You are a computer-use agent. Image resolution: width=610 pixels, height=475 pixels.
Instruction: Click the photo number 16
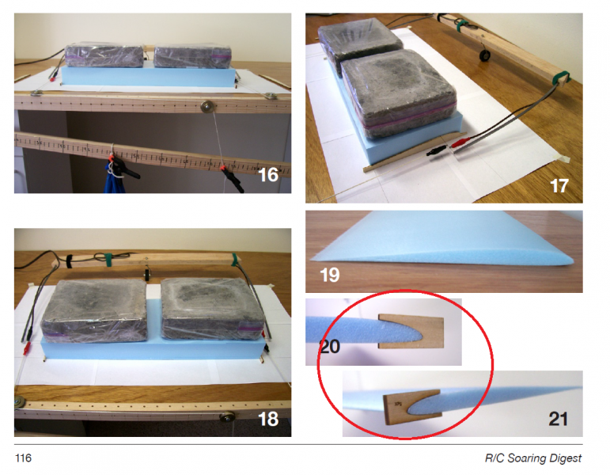(x=268, y=175)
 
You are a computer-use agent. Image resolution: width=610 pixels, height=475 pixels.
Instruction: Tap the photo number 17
(x=559, y=186)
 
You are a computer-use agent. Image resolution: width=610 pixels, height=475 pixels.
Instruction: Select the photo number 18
(x=268, y=419)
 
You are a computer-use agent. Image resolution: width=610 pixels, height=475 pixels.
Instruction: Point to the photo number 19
(x=329, y=275)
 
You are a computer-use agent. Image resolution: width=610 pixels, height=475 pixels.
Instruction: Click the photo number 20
(x=329, y=346)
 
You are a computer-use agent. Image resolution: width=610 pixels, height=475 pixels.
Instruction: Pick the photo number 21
(x=558, y=419)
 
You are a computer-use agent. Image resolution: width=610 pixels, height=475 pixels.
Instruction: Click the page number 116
(x=24, y=458)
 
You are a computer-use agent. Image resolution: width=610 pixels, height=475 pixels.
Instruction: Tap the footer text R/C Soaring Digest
(x=533, y=458)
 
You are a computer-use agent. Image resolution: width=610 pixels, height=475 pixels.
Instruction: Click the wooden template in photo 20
(x=411, y=332)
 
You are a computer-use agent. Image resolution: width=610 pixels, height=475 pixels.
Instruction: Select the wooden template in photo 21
(x=412, y=406)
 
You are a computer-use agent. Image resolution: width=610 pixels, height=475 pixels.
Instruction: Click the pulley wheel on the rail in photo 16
(x=207, y=107)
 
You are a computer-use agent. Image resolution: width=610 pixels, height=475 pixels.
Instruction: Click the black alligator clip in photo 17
(x=436, y=150)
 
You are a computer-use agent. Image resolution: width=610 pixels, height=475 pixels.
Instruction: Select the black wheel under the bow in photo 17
(x=484, y=55)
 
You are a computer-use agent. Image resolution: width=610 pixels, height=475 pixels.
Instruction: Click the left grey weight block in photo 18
(x=94, y=311)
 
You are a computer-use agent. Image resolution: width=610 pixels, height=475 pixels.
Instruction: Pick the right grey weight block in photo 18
(x=212, y=309)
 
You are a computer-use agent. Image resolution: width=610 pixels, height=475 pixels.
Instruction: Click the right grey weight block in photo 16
(x=192, y=57)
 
